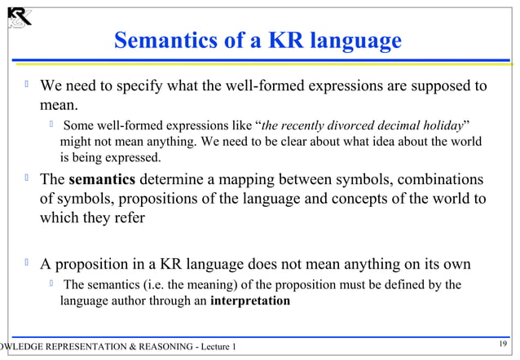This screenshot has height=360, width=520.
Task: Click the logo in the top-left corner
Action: pyautogui.click(x=18, y=16)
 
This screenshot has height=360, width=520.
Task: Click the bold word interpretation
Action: pyautogui.click(x=249, y=301)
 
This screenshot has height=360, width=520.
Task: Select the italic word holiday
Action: pyautogui.click(x=438, y=126)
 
